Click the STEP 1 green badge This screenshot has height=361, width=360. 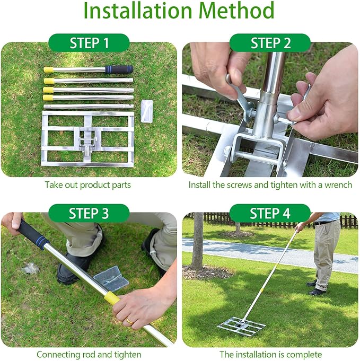[x=89, y=43]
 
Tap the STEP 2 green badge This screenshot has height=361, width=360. [x=270, y=43]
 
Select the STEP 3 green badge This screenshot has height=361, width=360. [x=89, y=214]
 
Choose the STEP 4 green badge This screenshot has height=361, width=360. [x=270, y=214]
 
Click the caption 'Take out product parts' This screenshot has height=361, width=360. [x=89, y=185]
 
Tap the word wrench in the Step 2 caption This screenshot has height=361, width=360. [x=338, y=185]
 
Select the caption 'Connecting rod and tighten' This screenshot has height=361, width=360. [x=89, y=354]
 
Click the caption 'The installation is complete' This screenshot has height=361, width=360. [x=270, y=354]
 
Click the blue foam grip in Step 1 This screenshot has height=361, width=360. [x=119, y=69]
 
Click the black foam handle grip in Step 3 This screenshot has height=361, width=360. [x=33, y=234]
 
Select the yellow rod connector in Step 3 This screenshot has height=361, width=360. [x=112, y=298]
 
